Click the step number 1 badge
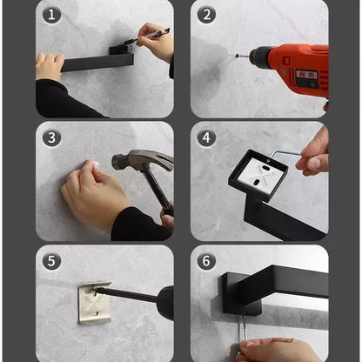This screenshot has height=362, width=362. (x=51, y=15)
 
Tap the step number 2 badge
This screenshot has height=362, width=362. (x=207, y=15)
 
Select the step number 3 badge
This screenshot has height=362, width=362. (x=51, y=138)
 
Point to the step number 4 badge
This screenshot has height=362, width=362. (x=207, y=138)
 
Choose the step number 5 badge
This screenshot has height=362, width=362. (x=51, y=261)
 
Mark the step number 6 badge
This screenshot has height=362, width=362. (x=207, y=261)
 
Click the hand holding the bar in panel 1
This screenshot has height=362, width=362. (x=50, y=67)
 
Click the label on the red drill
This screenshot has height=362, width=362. (x=306, y=77)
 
